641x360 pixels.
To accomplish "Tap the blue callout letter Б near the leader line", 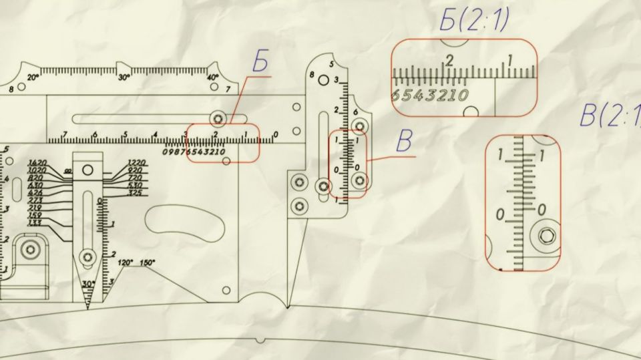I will [260, 62].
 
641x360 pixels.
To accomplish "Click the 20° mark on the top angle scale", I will [33, 77].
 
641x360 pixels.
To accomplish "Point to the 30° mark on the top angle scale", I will [124, 77].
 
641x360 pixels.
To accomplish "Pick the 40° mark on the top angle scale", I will [212, 77].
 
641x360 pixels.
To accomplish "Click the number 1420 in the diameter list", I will [37, 163].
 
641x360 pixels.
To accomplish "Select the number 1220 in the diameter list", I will [136, 163].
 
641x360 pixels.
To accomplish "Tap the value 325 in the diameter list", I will [135, 193].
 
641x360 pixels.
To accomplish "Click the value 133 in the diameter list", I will [35, 223].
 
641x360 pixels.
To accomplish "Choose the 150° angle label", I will [148, 262].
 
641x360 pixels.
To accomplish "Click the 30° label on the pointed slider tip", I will [87, 284].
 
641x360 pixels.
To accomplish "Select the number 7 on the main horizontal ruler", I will [64, 136].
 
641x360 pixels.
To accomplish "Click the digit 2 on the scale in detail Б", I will [449, 60].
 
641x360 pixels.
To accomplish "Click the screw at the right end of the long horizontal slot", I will [218, 119].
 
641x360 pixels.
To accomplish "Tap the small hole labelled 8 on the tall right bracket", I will [324, 80].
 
